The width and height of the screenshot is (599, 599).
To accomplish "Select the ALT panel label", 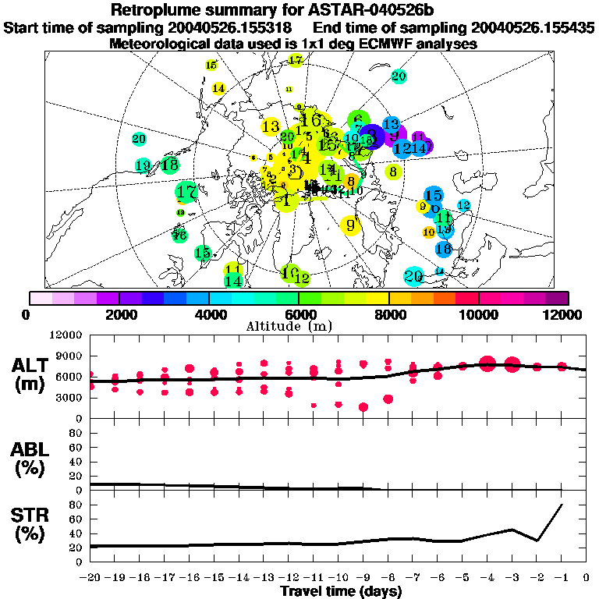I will (30, 365).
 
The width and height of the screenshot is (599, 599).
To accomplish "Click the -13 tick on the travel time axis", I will (264, 578).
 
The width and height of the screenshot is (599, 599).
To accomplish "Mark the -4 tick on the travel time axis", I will (487, 578).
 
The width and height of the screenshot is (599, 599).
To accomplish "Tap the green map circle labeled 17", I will (186, 191).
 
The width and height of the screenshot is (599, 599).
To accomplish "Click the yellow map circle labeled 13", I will (271, 126).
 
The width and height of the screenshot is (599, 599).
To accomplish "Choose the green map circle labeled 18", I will (169, 165).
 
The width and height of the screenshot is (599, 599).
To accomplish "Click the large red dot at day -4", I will (487, 363).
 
